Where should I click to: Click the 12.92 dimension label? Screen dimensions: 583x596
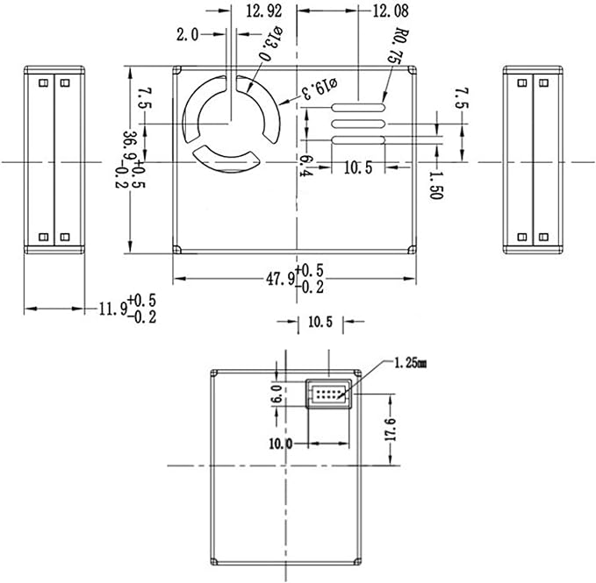tap(264, 11)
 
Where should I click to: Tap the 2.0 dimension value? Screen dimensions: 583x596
tap(188, 34)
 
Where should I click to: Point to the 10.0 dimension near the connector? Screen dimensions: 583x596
tap(280, 444)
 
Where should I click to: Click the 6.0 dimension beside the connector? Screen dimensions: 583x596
tap(277, 394)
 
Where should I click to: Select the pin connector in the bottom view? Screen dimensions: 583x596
tap(327, 395)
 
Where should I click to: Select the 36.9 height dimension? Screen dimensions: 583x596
tap(131, 159)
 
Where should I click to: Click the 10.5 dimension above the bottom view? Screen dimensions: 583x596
tap(320, 322)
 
